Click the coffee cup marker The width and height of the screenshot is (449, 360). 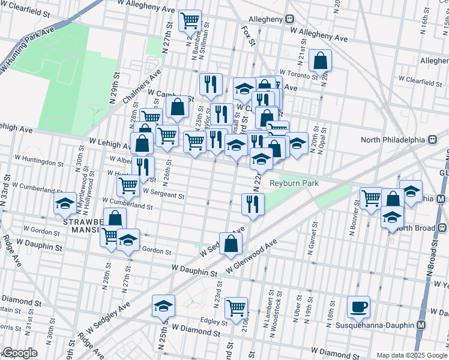click(358, 307)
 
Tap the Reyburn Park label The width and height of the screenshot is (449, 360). click(294, 183)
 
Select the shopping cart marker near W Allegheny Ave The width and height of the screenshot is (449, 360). click(190, 21)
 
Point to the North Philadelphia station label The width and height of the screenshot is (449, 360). click(393, 140)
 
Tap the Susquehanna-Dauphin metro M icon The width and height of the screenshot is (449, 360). click(421, 325)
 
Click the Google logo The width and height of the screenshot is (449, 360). click(19, 353)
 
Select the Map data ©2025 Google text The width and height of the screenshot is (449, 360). click(411, 355)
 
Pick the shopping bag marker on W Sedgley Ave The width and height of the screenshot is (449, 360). click(231, 244)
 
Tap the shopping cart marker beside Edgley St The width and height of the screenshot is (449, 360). click(236, 308)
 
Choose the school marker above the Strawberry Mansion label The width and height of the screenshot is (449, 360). click(65, 204)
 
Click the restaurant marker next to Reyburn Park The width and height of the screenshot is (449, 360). click(253, 204)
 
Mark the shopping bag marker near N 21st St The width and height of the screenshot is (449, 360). click(321, 60)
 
